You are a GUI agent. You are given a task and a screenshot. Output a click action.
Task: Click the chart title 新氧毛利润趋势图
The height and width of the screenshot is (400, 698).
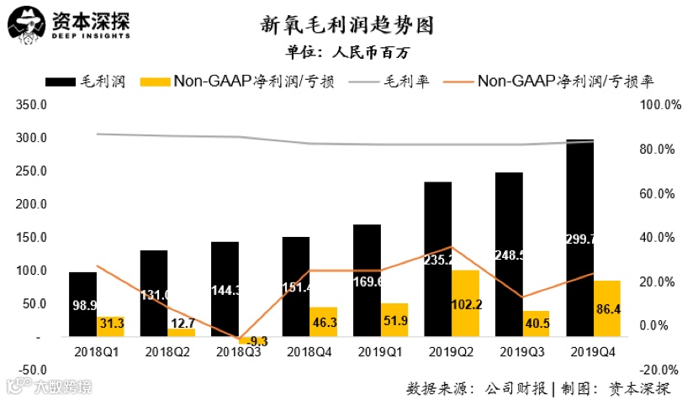[348, 24]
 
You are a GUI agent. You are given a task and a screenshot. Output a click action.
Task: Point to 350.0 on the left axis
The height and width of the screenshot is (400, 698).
[32, 105]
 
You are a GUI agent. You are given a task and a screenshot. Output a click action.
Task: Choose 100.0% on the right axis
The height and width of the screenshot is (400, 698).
[659, 105]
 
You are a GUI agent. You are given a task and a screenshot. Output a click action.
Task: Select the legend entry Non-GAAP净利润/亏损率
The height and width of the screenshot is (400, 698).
[565, 82]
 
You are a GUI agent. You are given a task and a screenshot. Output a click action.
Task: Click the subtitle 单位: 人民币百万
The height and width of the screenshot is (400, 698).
[348, 52]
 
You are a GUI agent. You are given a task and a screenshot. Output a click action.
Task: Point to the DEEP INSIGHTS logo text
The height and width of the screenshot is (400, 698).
[88, 36]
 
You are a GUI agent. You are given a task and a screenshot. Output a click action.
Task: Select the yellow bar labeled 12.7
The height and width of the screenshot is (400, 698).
[182, 332]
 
